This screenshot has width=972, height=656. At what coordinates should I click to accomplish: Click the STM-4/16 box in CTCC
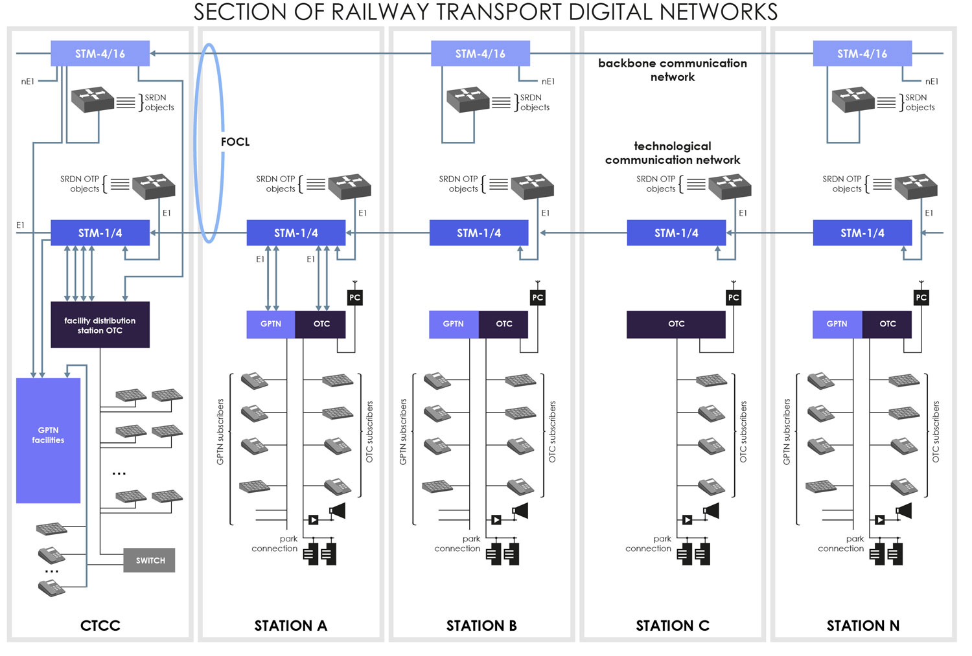tap(100, 54)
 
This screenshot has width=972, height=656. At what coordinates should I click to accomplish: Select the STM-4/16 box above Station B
tap(480, 54)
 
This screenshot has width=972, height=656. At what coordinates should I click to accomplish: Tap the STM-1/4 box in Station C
tap(676, 233)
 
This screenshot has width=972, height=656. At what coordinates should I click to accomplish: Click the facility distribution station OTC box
tap(100, 325)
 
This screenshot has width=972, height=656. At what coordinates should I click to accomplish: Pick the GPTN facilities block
tap(48, 440)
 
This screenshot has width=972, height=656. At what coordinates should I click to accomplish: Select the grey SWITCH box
tap(150, 560)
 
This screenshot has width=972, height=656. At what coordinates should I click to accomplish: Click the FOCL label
tap(235, 142)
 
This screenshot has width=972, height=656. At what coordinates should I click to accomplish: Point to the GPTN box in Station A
tap(270, 324)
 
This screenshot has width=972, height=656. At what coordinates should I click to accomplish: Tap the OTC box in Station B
tap(503, 324)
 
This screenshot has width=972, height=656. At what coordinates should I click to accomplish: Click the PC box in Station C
tap(733, 297)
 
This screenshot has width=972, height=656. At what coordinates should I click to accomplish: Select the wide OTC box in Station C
tap(676, 324)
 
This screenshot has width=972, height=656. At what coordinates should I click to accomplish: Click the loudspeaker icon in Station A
tap(337, 511)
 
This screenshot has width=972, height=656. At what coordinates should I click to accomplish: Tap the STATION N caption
tap(862, 626)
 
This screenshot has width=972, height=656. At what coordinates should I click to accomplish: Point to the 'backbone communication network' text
tap(672, 70)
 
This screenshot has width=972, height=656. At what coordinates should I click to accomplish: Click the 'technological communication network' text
tap(672, 153)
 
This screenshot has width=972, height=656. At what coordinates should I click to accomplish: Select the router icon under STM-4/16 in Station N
tap(853, 99)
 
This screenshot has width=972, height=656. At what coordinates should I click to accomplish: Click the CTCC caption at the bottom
tap(100, 626)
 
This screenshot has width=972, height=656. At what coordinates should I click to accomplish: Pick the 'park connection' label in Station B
tap(458, 543)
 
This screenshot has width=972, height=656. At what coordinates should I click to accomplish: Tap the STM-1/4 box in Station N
tap(862, 233)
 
